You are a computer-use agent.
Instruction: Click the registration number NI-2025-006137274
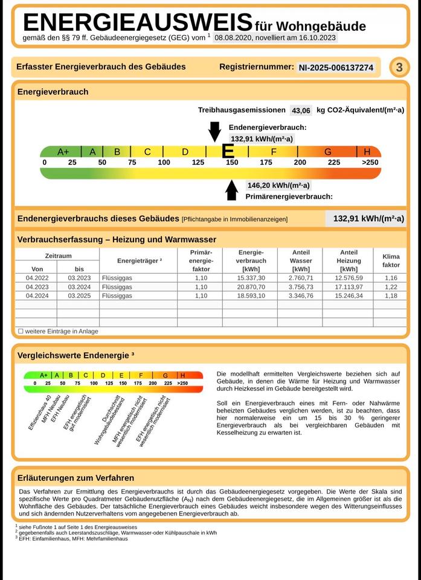pos(336,68)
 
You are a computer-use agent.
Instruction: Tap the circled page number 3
pos(399,68)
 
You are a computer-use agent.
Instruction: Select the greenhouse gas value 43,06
pos(301,111)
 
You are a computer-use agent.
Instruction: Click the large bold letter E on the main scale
pos(228,151)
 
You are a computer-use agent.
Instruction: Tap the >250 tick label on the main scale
pos(370,163)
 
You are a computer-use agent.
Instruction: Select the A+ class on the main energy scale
pos(63,152)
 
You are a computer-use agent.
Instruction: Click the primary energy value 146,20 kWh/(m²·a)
pos(278,185)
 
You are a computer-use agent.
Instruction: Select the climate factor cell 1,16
pos(391,278)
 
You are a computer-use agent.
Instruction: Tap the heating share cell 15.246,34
pos(349,296)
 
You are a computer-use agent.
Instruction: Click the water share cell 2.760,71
pos(300,278)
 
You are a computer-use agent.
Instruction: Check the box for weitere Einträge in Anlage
pos(21,331)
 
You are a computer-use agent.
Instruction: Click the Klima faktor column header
pos(391,260)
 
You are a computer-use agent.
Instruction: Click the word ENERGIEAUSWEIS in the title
pos(137,22)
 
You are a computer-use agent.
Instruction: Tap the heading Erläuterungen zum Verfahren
pos(76,478)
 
